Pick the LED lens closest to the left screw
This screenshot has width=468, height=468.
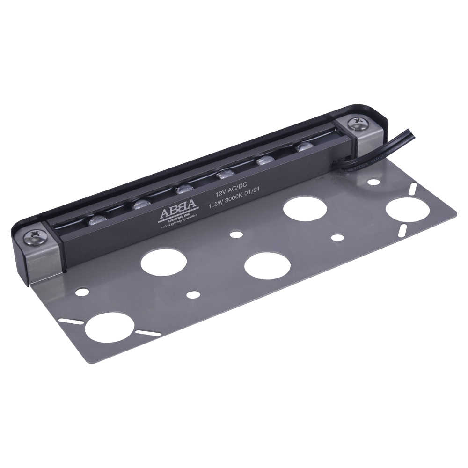[x=97, y=220]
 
